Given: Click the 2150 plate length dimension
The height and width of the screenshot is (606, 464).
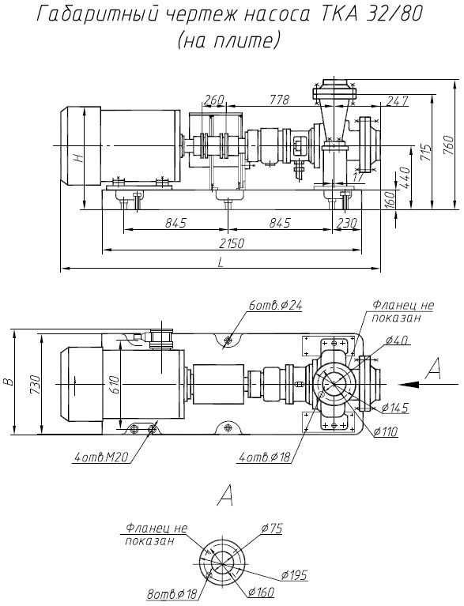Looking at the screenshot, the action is (x=232, y=243).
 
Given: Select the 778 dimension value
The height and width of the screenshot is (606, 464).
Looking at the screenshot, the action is (x=280, y=100).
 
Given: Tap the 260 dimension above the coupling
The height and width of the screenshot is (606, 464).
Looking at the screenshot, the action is (x=214, y=100).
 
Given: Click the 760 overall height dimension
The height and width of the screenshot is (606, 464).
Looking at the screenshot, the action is (x=448, y=145).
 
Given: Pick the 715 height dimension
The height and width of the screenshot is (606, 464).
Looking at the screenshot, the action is (x=427, y=153).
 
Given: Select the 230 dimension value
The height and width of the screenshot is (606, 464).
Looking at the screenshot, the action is (x=347, y=223).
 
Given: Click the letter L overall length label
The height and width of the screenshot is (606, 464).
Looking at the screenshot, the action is (x=221, y=262).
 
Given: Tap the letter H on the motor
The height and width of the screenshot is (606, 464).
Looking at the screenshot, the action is (x=79, y=158).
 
